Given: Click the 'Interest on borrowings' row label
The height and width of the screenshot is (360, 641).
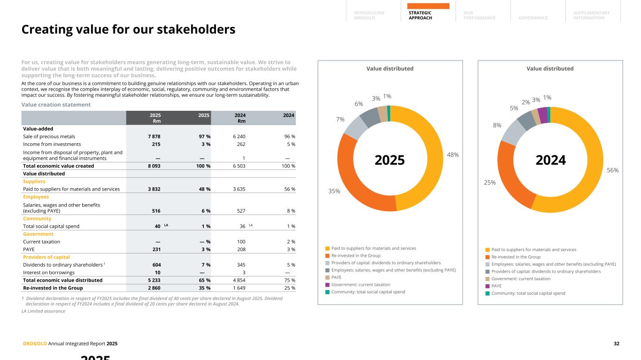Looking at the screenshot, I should [x=49, y=273].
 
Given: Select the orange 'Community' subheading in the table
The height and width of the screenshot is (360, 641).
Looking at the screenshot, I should [x=37, y=219].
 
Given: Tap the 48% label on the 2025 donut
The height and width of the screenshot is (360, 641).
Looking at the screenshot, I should [x=453, y=154].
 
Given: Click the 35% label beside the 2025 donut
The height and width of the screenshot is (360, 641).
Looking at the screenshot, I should [x=334, y=191].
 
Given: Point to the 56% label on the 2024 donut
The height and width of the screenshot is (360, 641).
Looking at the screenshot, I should [x=613, y=170].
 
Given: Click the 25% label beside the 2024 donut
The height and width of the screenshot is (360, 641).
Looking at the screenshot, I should [x=489, y=182].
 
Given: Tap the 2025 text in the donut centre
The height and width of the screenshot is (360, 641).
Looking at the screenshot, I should [x=390, y=160].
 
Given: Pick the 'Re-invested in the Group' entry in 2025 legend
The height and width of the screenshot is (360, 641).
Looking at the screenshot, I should [x=355, y=256].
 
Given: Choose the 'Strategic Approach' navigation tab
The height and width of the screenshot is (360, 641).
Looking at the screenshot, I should [x=420, y=15].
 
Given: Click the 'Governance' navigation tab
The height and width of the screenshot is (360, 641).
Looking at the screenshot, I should [x=533, y=18].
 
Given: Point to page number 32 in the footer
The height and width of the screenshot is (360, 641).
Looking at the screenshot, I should [x=616, y=344].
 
